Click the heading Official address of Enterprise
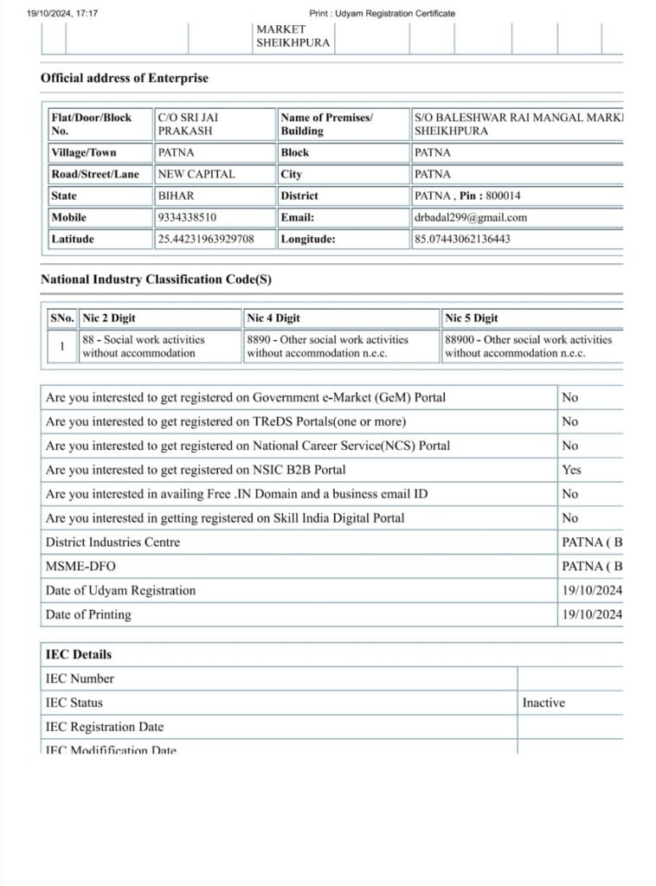125,78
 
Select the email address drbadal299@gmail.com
470,217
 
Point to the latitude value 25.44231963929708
206,239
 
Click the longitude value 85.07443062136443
462,239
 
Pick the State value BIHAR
176,196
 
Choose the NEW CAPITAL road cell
196,174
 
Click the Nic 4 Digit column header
273,318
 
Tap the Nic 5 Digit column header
472,318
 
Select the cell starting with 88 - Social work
138,346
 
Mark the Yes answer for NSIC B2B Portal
571,470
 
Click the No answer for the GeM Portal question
569,397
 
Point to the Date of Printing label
88,614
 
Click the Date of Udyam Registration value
591,590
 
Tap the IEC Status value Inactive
543,703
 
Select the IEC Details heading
79,654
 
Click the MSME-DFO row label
80,566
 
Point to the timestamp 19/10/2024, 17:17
63,13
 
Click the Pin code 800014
503,196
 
